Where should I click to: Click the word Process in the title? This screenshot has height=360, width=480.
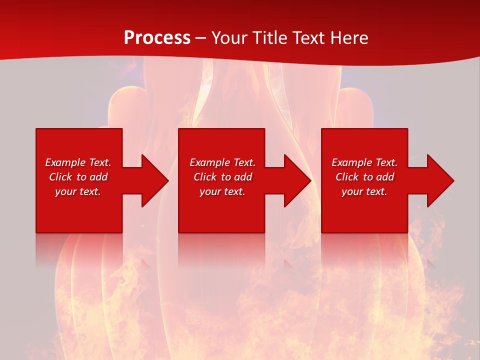pos(157,37)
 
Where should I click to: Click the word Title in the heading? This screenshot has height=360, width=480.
pos(270,37)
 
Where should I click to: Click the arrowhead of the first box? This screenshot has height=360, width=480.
pos(154,180)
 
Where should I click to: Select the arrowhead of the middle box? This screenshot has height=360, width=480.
pos(296,180)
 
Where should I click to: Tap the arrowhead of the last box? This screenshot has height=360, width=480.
pos(439,180)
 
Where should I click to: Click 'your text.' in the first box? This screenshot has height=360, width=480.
pos(78,191)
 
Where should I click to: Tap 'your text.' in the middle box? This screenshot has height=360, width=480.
pos(222,191)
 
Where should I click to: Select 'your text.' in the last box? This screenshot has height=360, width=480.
pos(364,191)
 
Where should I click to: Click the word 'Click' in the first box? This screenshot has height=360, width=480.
pos(60,177)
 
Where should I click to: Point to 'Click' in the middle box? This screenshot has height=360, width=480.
pos(205,177)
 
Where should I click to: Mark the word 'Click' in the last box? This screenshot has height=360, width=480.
pos(347,177)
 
